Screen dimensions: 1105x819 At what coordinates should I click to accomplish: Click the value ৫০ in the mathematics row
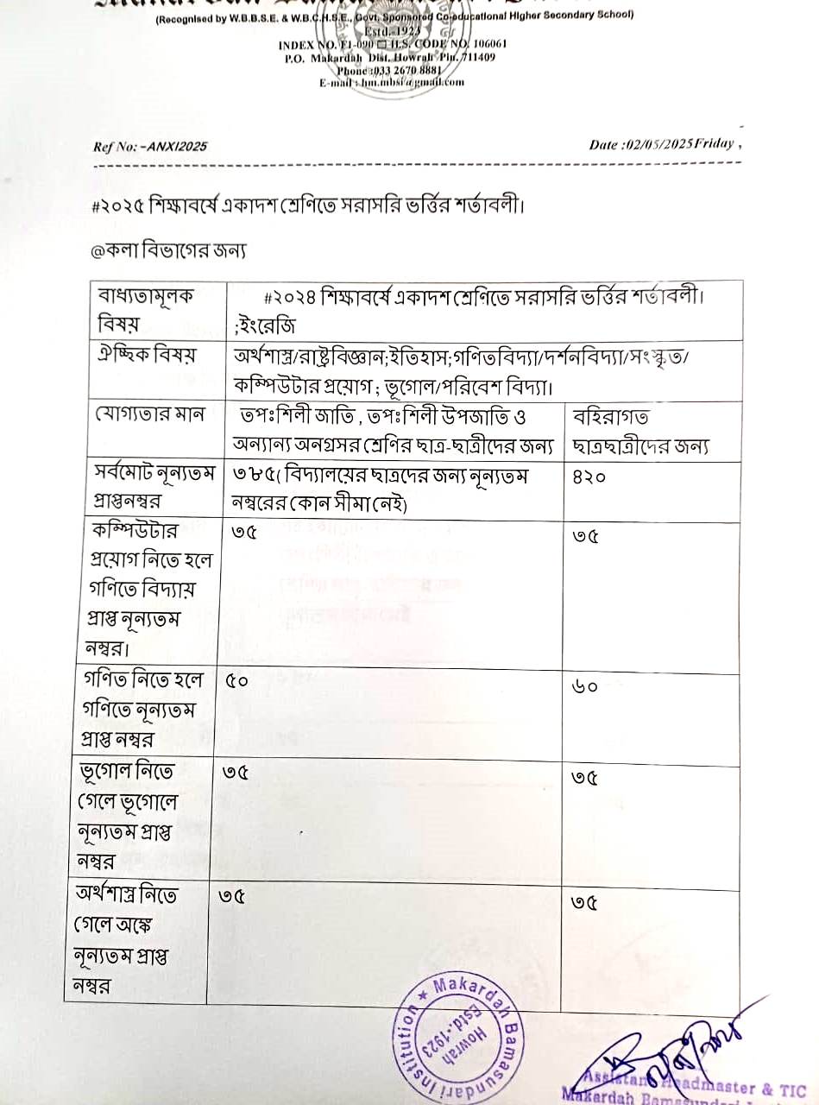237,681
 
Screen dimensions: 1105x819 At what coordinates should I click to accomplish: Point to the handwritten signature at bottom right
665,1058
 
